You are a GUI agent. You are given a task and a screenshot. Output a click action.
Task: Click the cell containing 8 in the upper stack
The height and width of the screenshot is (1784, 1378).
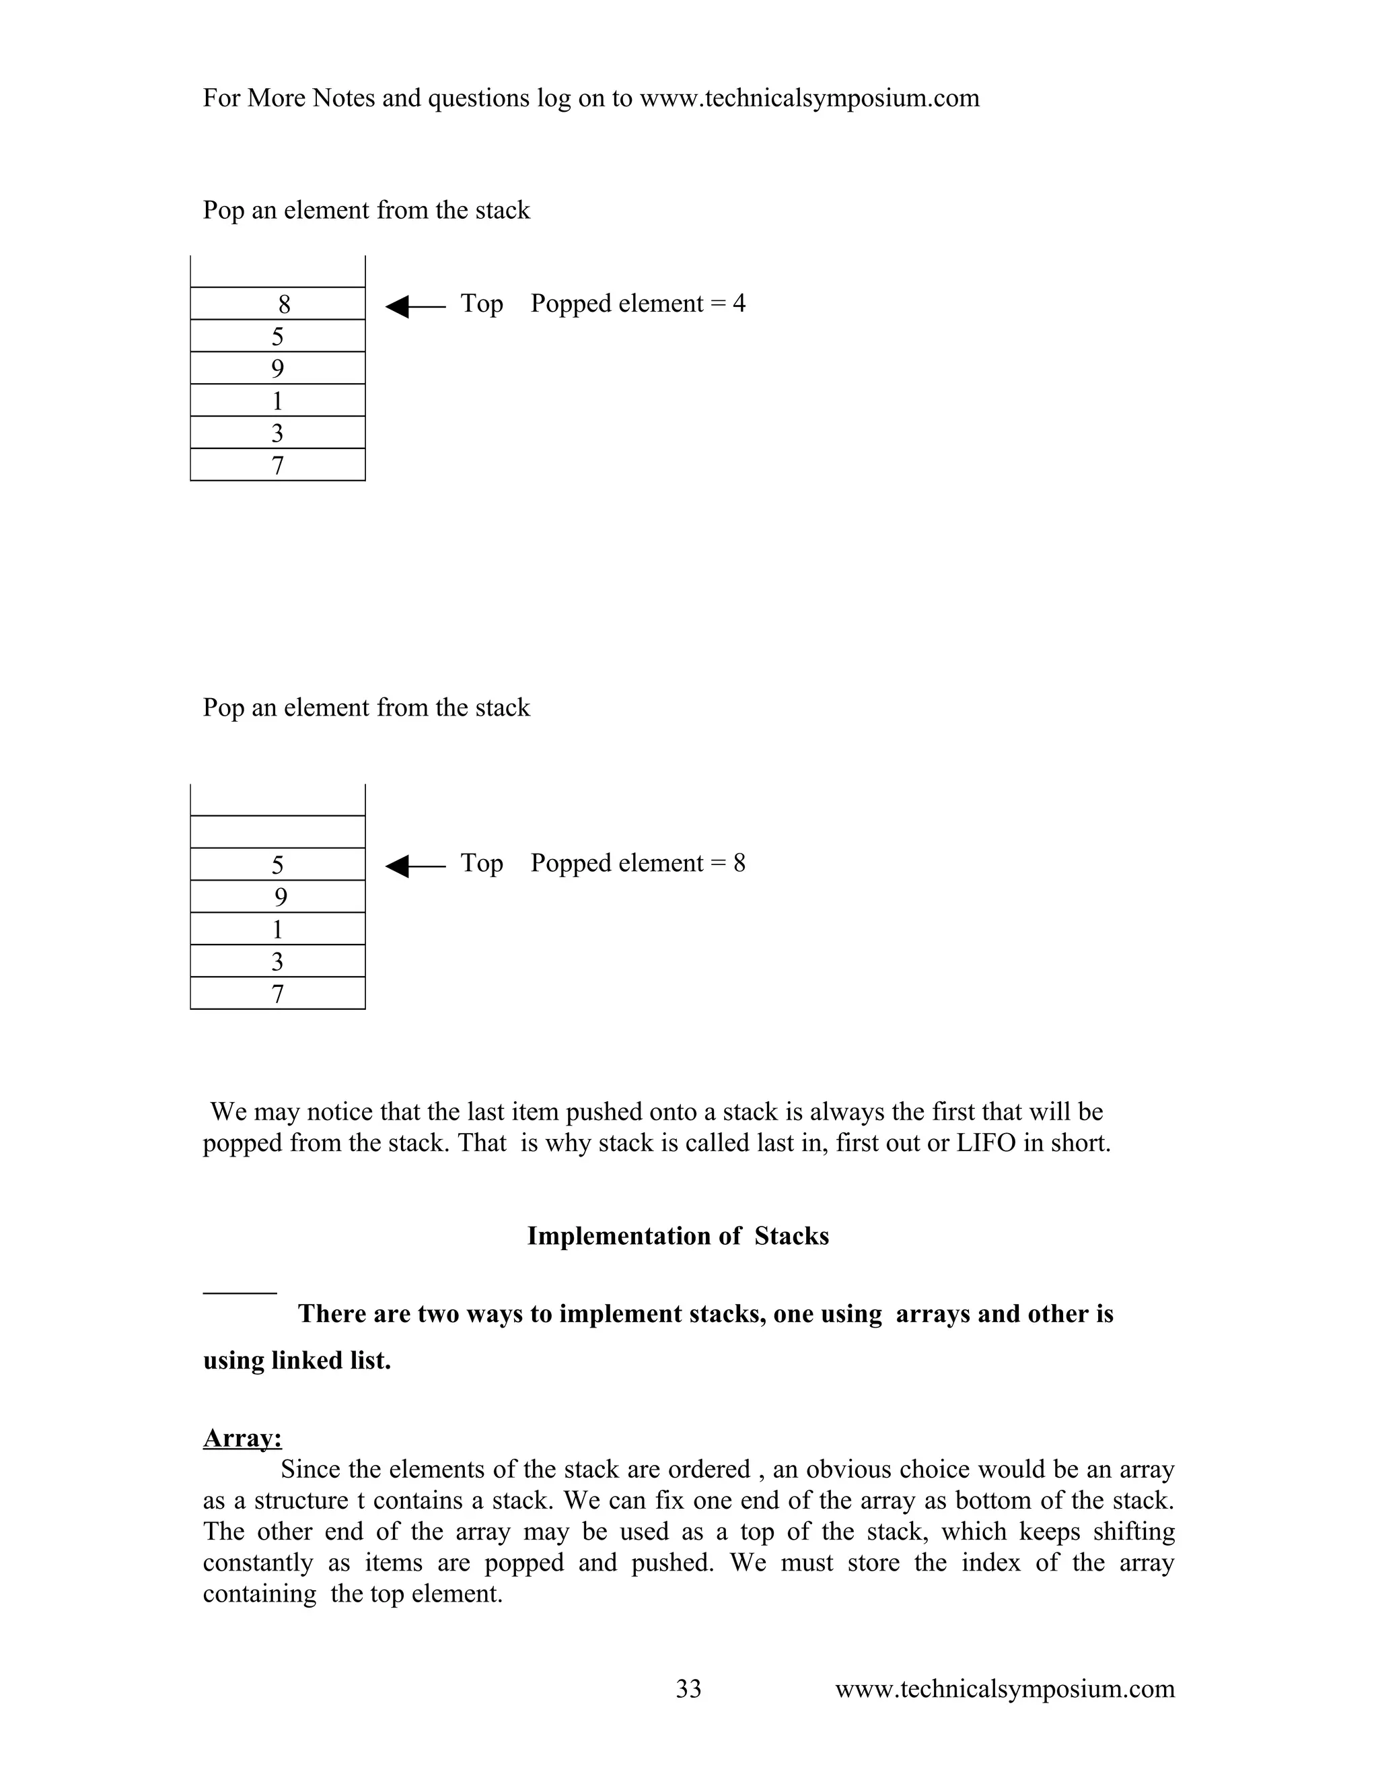tap(278, 304)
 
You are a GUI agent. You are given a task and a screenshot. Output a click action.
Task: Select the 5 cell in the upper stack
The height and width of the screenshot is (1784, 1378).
tap(278, 336)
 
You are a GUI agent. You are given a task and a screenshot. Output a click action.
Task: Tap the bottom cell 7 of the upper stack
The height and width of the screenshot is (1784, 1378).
tap(278, 465)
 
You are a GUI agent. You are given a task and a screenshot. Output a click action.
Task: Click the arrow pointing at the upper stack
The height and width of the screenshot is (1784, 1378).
tap(414, 307)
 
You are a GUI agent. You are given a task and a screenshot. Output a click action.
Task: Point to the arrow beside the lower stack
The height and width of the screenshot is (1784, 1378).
tap(414, 866)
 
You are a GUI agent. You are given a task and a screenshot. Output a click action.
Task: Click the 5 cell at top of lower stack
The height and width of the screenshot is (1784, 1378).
tap(278, 864)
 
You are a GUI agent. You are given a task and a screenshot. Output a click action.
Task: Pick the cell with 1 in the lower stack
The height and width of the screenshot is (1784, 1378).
tap(278, 929)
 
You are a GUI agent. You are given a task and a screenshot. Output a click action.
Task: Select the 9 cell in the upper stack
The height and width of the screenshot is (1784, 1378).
tap(278, 368)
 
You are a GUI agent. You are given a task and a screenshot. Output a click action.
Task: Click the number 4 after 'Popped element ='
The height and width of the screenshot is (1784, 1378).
tap(739, 304)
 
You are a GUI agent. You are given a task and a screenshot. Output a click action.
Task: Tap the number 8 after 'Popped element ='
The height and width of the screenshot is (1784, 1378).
tap(739, 864)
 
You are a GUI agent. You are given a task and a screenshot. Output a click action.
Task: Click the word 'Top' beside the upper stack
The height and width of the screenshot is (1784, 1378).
tap(482, 304)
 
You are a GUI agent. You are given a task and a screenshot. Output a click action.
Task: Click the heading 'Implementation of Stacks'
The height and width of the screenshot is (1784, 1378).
tap(678, 1236)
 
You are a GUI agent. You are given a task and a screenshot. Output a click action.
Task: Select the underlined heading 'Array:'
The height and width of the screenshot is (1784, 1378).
tap(242, 1438)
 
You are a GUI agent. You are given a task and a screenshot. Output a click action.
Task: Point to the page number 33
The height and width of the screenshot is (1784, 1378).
tap(688, 1688)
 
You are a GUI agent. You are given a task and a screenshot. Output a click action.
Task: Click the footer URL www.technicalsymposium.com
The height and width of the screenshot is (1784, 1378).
tap(1004, 1688)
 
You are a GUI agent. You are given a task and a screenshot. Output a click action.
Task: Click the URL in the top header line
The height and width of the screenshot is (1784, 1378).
tap(809, 98)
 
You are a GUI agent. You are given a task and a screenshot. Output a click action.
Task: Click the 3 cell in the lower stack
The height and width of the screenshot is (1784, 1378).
tap(278, 961)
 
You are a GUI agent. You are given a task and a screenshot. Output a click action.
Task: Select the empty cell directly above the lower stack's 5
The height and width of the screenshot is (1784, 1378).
tap(278, 831)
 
